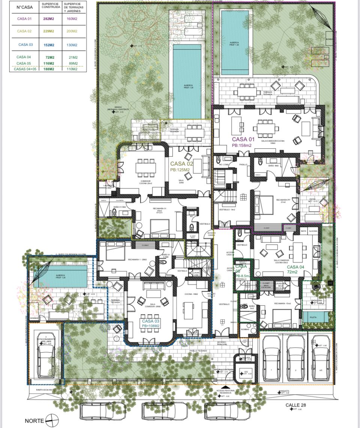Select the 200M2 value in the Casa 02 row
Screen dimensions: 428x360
tap(71, 31)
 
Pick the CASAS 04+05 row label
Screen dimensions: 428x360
tap(25, 69)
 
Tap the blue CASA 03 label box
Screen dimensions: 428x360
tap(151, 323)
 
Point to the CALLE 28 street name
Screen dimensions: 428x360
tap(296, 405)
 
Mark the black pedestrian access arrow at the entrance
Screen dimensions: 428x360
tap(225, 387)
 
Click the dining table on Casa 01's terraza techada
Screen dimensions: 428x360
tap(246, 91)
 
